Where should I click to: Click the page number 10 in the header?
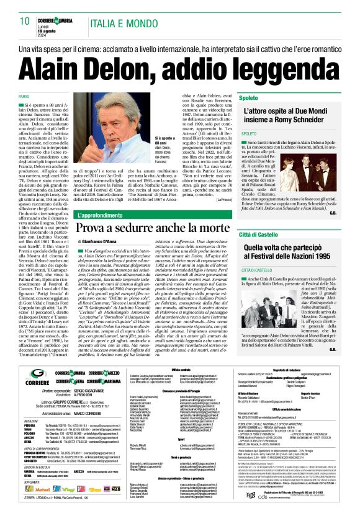coord(25,20)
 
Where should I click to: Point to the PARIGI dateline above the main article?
coord(24,97)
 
